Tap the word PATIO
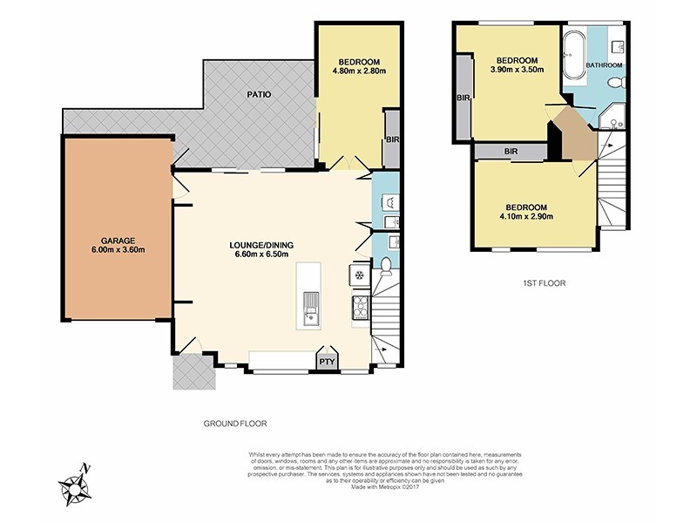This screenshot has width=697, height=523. click(x=258, y=94)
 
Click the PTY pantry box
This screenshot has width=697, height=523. click(x=327, y=361)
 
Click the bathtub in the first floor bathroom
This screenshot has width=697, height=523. click(x=574, y=56)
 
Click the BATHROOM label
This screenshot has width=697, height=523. click(x=604, y=65)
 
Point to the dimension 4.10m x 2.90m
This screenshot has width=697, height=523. click(x=527, y=216)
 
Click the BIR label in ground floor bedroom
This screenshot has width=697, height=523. click(x=391, y=139)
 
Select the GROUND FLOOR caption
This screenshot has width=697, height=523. click(x=234, y=423)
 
